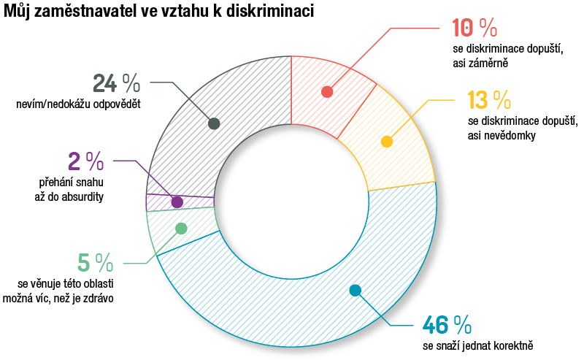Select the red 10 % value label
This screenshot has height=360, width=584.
coord(474,28)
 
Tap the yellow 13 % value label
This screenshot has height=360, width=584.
coord(490,99)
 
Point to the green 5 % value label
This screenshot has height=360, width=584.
coord(95,261)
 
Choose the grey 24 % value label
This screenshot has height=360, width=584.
coord(116,82)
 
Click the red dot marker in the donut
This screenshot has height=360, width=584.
coord(327,92)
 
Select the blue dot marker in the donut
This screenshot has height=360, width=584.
coord(356,290)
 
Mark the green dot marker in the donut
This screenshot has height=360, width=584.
coord(182,229)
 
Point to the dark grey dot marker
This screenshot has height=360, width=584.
coord(214,123)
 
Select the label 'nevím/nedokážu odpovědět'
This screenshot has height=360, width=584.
coord(78,104)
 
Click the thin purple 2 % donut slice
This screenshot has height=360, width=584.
coord(161,202)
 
